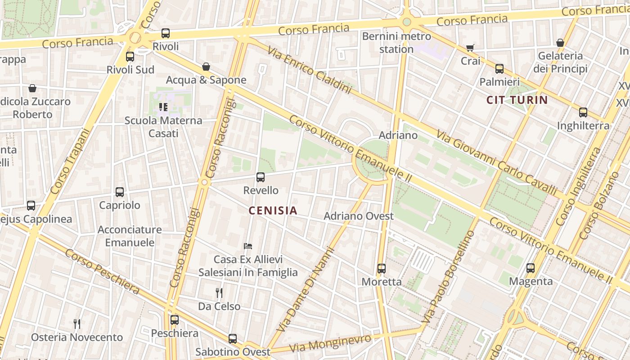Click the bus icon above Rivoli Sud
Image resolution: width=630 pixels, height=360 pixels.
(x=130, y=57)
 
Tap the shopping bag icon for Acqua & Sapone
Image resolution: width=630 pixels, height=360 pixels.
(x=206, y=67)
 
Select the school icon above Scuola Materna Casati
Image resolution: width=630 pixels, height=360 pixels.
(x=163, y=107)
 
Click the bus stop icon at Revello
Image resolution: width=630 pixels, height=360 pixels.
(x=261, y=177)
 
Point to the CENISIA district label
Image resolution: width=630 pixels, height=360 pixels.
(x=273, y=210)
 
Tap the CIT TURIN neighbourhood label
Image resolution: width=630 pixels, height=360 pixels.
(x=517, y=100)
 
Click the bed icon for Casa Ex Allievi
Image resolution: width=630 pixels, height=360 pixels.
(x=248, y=246)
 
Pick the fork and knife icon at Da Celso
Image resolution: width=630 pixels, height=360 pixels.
(x=219, y=293)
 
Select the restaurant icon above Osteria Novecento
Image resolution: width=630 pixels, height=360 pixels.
(x=77, y=324)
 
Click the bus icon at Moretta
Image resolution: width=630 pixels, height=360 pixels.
(x=382, y=269)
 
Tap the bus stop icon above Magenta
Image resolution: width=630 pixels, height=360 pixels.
(x=531, y=268)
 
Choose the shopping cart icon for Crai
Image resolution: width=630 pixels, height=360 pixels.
(x=470, y=48)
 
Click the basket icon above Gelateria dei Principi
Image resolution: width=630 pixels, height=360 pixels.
(x=560, y=43)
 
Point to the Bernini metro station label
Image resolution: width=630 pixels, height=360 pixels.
(x=396, y=42)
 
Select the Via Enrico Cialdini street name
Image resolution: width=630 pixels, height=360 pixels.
(x=309, y=70)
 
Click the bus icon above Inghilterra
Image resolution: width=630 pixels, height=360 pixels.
(x=583, y=112)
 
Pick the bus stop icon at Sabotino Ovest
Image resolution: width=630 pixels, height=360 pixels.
(x=233, y=339)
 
